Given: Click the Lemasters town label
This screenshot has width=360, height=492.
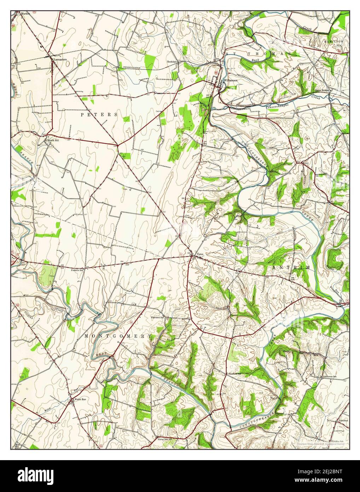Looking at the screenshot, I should coord(60,60).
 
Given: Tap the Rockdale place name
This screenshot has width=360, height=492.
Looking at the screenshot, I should coord(172,62).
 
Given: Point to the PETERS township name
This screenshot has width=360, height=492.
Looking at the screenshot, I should coord(99,115).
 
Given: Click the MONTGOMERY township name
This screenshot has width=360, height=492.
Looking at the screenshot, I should coord(118,336).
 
